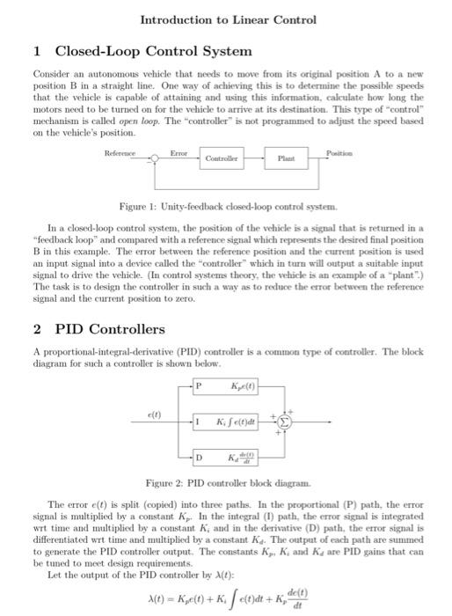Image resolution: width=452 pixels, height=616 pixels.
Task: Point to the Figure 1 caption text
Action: (225, 204)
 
